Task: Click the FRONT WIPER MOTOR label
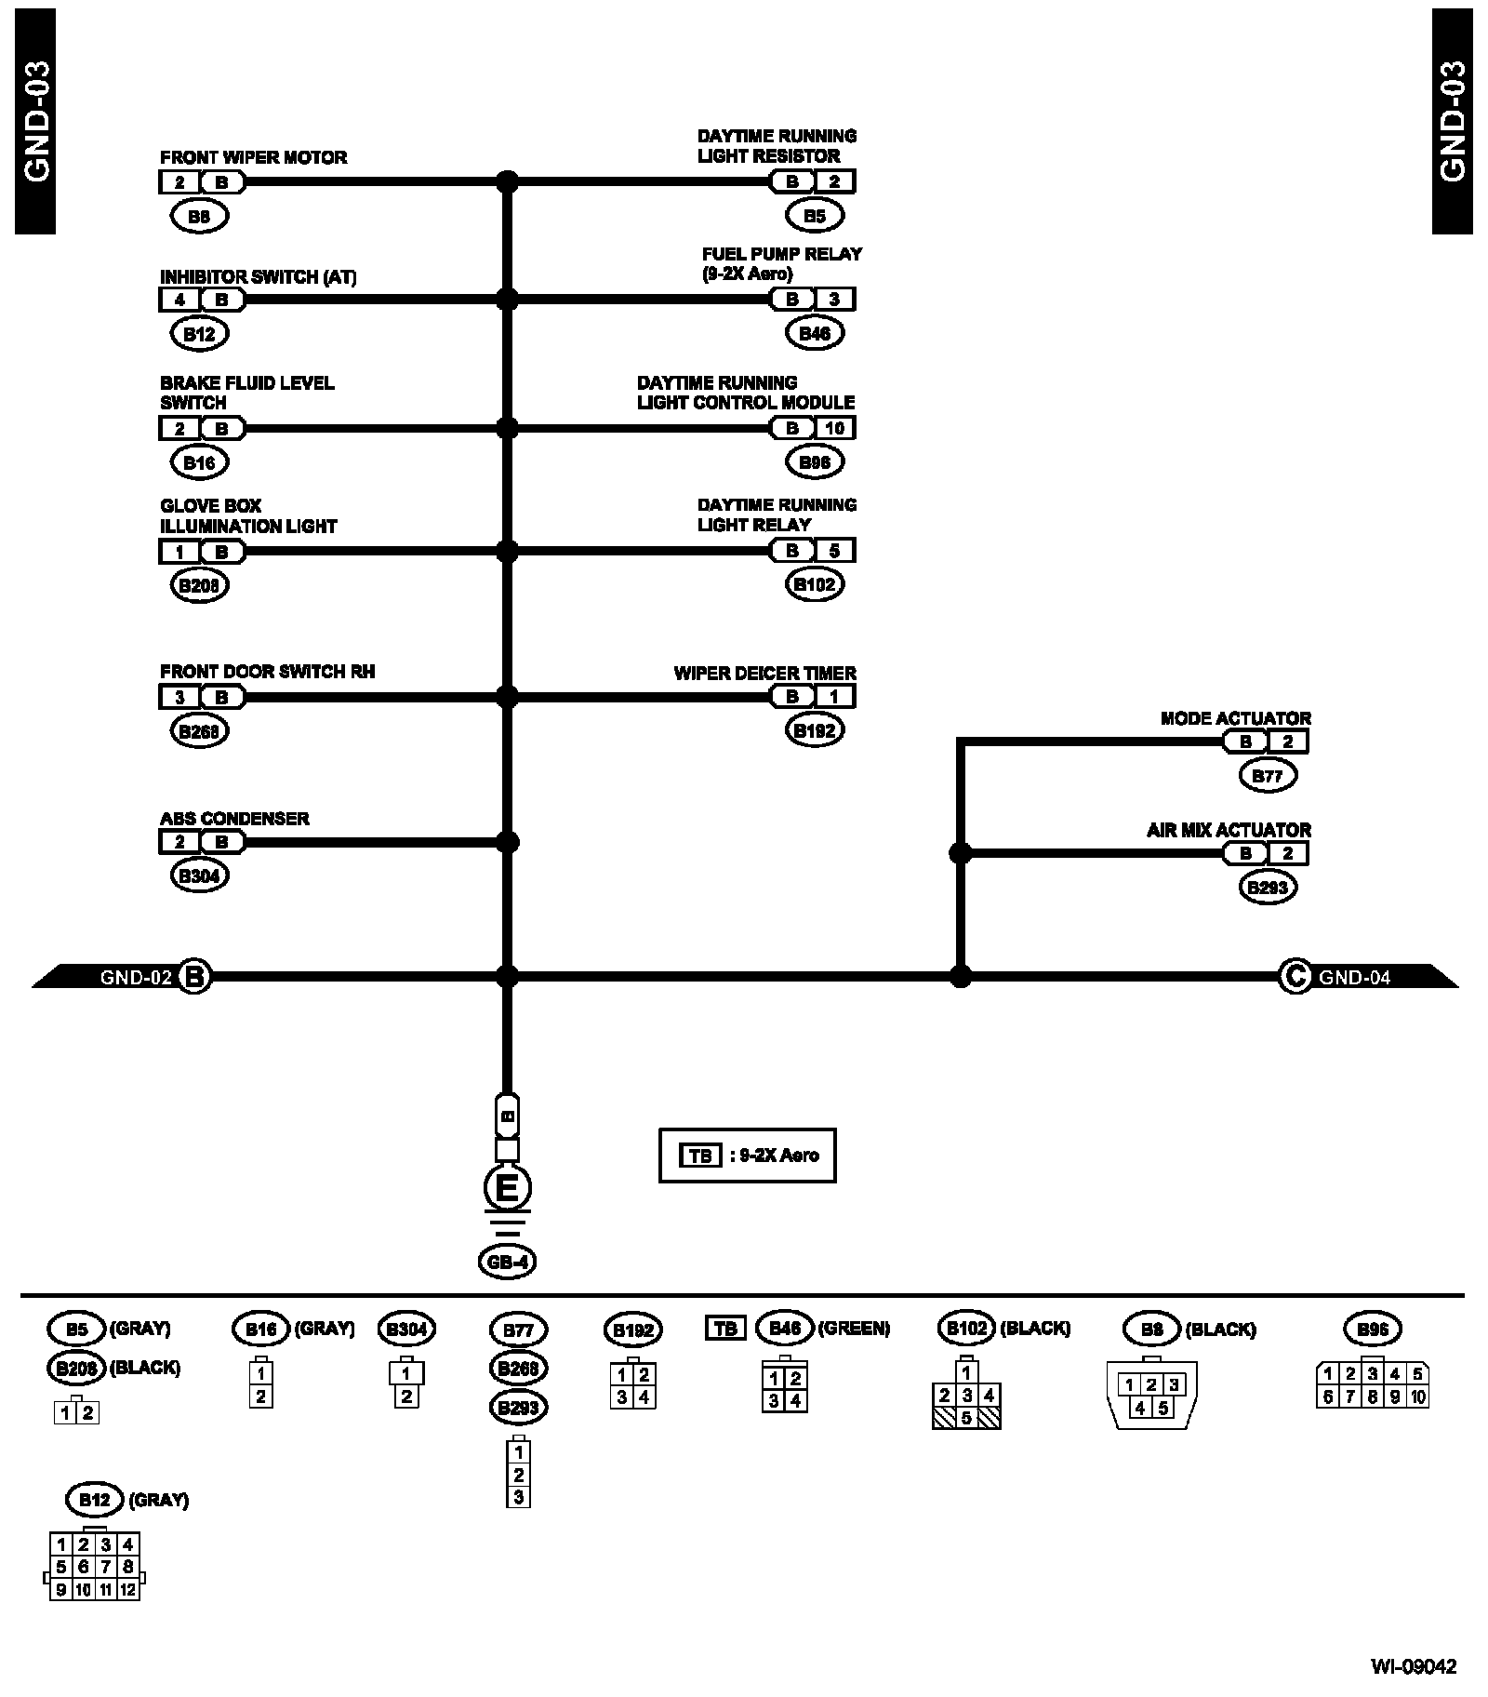(x=253, y=158)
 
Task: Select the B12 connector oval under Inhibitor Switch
(x=200, y=334)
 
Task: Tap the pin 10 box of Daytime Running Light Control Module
(x=834, y=428)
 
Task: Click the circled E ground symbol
(x=507, y=1189)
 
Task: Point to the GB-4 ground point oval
(x=507, y=1263)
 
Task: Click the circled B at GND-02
(x=194, y=977)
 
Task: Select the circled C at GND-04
(x=1295, y=977)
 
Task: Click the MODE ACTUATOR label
(x=1235, y=719)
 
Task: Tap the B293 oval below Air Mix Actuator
(x=1268, y=888)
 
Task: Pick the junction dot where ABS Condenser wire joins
(x=507, y=843)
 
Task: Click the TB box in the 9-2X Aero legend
(x=700, y=1156)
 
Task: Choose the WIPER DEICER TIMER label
(x=764, y=673)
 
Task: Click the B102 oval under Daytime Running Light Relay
(x=815, y=585)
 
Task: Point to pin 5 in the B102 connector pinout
(x=967, y=1418)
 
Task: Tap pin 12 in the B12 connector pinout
(x=128, y=1590)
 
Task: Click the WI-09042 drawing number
(x=1413, y=1666)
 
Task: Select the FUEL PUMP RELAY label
(x=781, y=254)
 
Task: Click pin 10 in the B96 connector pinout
(x=1417, y=1396)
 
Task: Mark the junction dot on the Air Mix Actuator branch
(x=960, y=853)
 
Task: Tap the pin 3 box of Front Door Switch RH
(x=180, y=697)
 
